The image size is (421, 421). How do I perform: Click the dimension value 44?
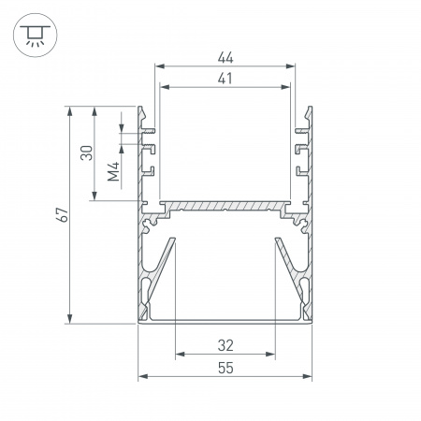click(225, 58)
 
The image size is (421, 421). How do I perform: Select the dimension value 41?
click(225, 79)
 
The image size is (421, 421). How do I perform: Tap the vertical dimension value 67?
click(63, 214)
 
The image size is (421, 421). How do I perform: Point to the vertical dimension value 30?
click(87, 152)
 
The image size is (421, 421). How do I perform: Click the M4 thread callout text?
click(113, 171)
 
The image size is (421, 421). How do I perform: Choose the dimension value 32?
click(225, 345)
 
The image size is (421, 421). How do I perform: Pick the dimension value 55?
click(225, 368)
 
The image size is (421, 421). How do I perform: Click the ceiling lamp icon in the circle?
click(35, 36)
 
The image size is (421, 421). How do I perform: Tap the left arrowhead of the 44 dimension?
click(160, 66)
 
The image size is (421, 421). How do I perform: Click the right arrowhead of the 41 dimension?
click(285, 87)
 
